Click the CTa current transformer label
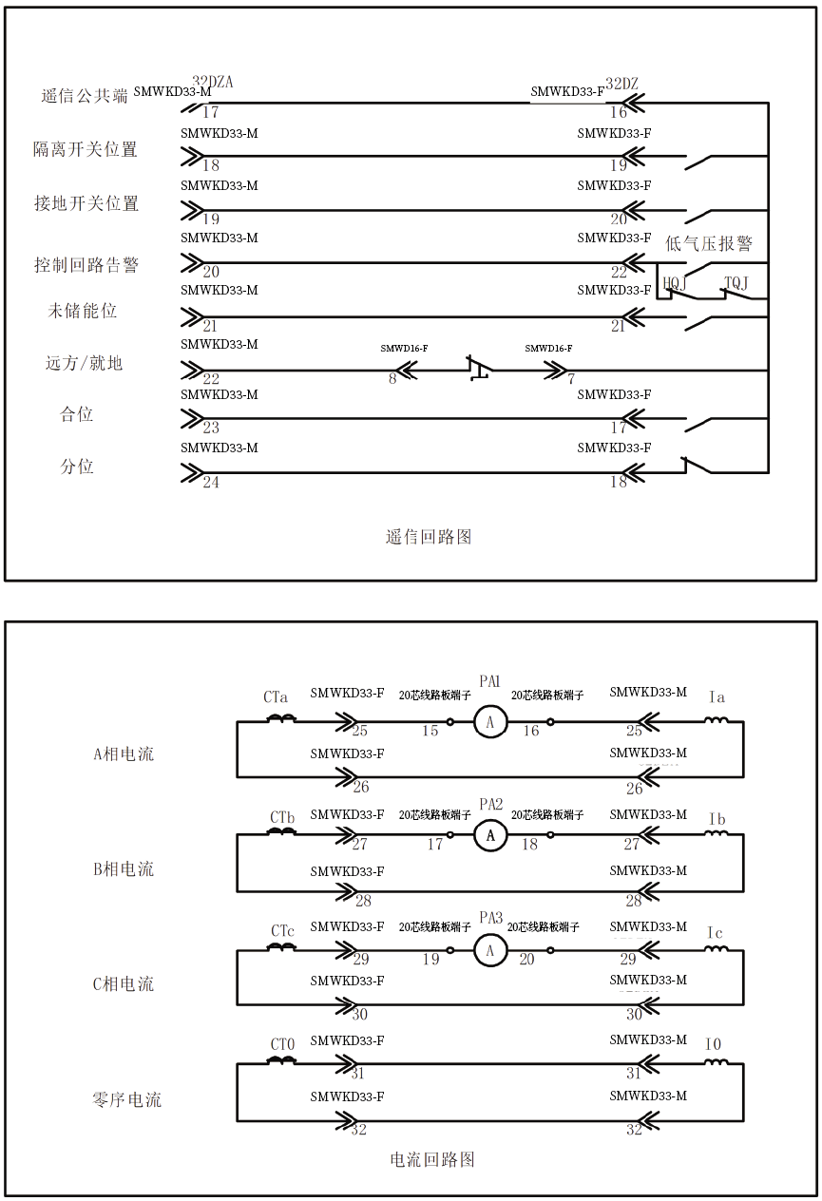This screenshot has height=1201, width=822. coord(275,697)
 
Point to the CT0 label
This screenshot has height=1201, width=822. coord(282,1044)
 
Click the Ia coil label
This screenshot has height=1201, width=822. coord(717,697)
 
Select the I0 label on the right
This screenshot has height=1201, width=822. coord(713,1044)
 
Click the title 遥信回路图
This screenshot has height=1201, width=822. coord(429,537)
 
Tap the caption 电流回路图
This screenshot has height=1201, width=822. coord(432,1159)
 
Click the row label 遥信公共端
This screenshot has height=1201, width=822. coord(85,96)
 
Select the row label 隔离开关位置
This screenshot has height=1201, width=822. coord(86,149)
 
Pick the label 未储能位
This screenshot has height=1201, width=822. coord(82,311)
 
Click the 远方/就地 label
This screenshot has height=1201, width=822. coord(84,363)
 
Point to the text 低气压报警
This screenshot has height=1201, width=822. coord(709,243)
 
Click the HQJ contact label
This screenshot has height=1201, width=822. coord(675,282)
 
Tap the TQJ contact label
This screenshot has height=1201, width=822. coord(736,282)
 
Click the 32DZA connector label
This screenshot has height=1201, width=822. coord(212,82)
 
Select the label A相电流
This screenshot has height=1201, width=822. coord(124,753)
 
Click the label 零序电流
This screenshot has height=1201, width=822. coord(126,1099)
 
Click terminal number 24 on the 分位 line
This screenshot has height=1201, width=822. coord(211,482)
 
